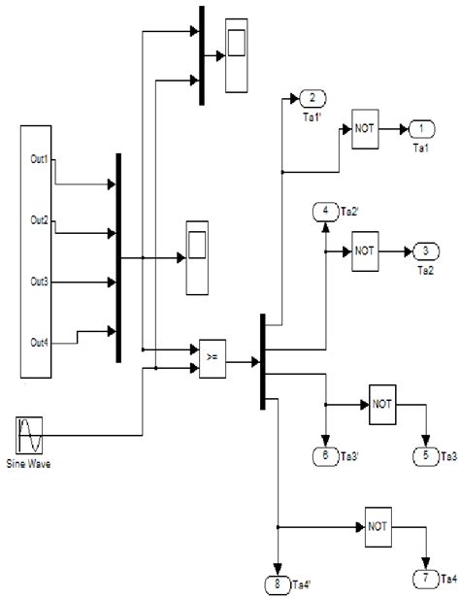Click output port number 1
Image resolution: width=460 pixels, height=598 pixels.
421,129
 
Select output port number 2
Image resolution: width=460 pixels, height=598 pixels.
312,98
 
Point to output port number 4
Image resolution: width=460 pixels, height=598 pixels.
325,212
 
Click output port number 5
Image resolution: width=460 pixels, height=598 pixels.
424,454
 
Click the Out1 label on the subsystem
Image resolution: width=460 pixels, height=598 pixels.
39,158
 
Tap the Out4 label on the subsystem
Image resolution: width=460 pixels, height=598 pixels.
39,342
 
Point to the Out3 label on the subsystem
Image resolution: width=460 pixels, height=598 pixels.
39,282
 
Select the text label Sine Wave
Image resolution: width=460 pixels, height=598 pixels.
29,464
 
